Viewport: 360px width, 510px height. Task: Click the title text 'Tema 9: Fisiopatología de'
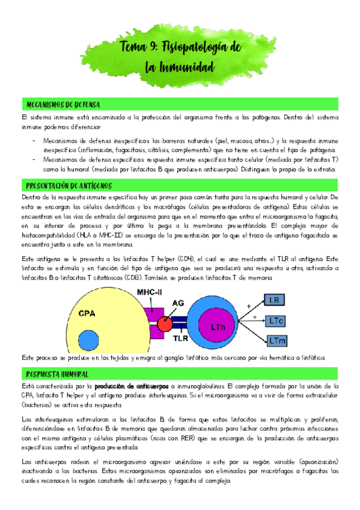[180, 48]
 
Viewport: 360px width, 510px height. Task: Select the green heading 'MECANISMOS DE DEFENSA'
[60, 104]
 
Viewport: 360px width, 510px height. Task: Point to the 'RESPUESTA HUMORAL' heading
[55, 374]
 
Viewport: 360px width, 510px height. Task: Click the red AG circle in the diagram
[165, 325]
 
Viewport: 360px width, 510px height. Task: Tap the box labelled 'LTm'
[278, 340]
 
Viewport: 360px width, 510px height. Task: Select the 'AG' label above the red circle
[178, 304]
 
